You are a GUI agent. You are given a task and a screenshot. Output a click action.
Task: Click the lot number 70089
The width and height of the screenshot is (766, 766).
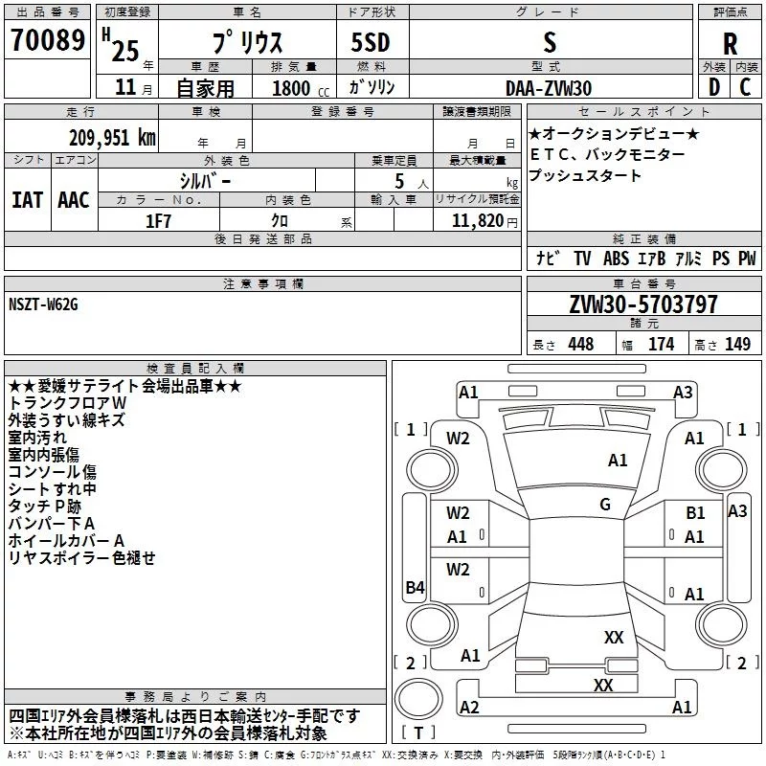[48, 41]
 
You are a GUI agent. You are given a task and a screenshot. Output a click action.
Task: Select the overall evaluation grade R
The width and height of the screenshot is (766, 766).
[730, 44]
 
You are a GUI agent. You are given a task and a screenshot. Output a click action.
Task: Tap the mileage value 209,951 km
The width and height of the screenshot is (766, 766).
[112, 137]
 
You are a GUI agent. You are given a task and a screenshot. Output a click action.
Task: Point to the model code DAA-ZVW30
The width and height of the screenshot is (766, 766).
[549, 88]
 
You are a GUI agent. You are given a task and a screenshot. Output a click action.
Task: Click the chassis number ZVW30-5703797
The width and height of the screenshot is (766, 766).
[643, 305]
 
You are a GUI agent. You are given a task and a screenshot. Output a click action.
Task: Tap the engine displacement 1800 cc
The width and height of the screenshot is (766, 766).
[291, 89]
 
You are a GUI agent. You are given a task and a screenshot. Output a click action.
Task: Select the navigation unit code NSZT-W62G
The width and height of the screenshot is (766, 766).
[44, 304]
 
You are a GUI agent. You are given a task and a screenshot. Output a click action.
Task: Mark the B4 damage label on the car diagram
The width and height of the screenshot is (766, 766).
[414, 588]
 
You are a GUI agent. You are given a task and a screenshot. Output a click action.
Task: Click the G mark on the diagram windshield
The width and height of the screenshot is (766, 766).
[604, 504]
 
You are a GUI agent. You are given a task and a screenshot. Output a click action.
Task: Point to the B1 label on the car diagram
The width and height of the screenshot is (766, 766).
[695, 513]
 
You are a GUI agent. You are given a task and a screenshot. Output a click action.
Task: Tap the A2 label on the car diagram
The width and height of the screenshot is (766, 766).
[469, 707]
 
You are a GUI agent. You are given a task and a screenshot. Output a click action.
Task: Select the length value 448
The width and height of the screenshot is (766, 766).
[580, 344]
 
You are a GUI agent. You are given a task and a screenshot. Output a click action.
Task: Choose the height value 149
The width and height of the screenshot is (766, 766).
[737, 344]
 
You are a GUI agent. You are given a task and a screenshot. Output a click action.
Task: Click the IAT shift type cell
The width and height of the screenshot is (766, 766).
[27, 199]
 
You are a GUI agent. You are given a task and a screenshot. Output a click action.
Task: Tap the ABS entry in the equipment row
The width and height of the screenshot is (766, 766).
[616, 259]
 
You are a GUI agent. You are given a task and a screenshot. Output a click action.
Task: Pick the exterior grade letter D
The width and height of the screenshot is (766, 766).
[713, 88]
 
